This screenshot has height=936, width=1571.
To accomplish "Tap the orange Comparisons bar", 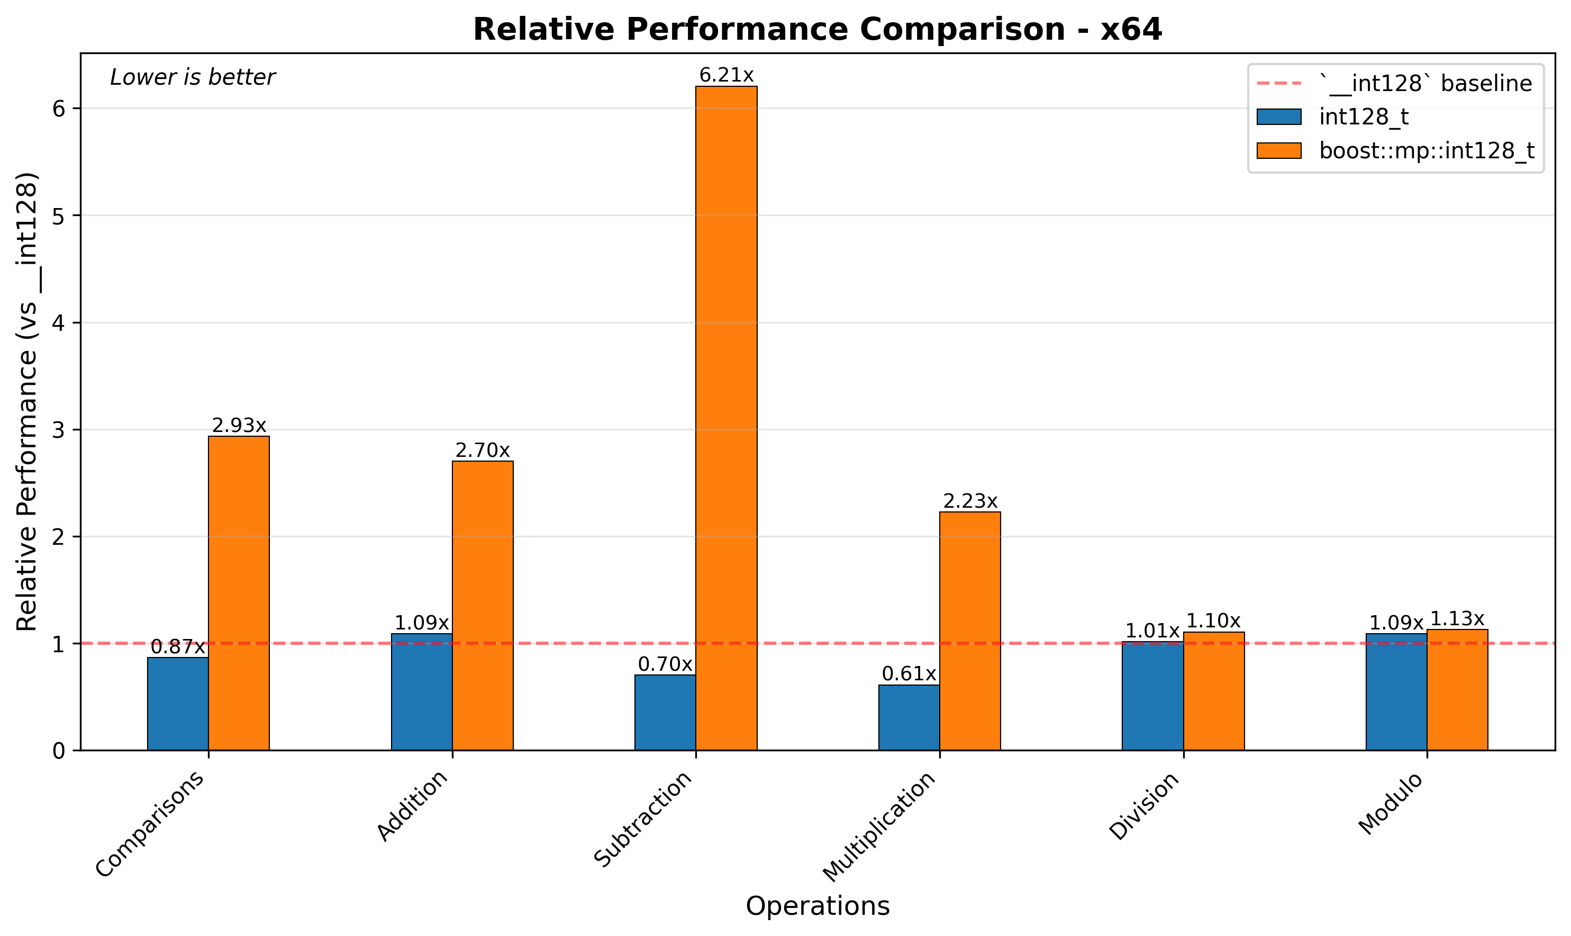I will (x=239, y=593).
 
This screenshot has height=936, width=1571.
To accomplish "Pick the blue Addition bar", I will (x=422, y=692).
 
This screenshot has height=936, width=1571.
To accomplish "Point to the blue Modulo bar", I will (x=1396, y=692).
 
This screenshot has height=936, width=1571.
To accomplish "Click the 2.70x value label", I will (x=482, y=451).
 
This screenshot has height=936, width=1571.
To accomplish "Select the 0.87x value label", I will (x=178, y=647).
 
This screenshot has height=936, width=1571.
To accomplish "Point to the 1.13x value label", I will (x=1457, y=618).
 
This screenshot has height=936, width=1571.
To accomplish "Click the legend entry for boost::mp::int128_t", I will (x=1426, y=151).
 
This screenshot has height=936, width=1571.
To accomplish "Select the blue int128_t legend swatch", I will (x=1278, y=116).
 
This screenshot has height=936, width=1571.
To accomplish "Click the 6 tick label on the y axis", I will (x=59, y=109).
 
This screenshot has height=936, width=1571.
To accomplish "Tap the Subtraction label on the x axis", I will (x=644, y=818).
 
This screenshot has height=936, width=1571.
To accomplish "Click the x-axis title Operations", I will (x=818, y=906).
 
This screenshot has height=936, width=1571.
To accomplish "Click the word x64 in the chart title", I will (x=1132, y=30).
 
